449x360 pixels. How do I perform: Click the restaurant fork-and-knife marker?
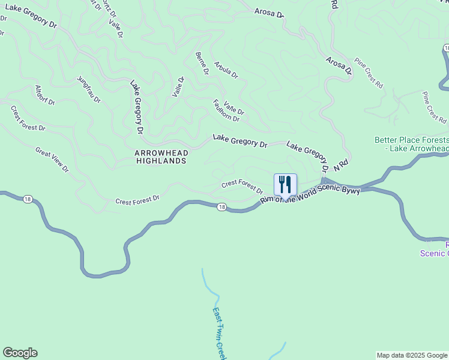285,185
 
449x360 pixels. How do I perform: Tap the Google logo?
20,353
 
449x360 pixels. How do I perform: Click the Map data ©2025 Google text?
412,355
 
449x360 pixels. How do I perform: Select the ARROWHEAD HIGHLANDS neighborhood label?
161,157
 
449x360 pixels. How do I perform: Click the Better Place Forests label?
412,144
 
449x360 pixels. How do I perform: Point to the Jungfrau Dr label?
89,91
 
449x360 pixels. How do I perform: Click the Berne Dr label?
202,63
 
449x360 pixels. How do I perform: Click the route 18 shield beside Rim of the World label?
222,207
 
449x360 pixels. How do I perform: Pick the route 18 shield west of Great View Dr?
28,199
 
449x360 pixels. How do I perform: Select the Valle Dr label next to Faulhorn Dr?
234,107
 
